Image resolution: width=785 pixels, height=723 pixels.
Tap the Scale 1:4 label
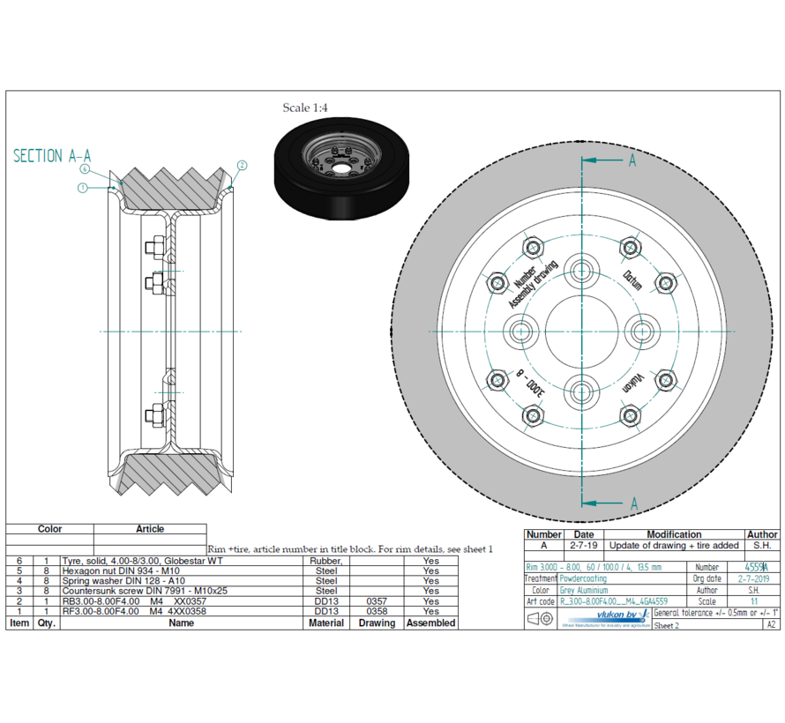click(306, 108)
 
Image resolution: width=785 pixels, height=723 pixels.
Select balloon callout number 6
click(85, 168)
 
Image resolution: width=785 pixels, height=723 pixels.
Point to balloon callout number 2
click(243, 165)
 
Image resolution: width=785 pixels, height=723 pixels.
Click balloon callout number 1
click(81, 187)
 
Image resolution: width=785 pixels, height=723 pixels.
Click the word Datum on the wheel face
click(632, 280)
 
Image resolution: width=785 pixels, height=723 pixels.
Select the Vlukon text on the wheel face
click(632, 381)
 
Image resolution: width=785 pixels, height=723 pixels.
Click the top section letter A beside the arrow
click(632, 160)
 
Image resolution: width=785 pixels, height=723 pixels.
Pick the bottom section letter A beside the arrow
click(633, 503)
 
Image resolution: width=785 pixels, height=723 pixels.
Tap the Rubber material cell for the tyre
click(325, 561)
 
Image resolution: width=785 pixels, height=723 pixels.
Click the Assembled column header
click(430, 622)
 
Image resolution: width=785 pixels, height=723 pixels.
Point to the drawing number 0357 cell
click(377, 601)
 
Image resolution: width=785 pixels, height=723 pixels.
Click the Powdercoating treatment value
click(583, 578)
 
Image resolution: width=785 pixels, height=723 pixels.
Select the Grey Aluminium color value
click(583, 590)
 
